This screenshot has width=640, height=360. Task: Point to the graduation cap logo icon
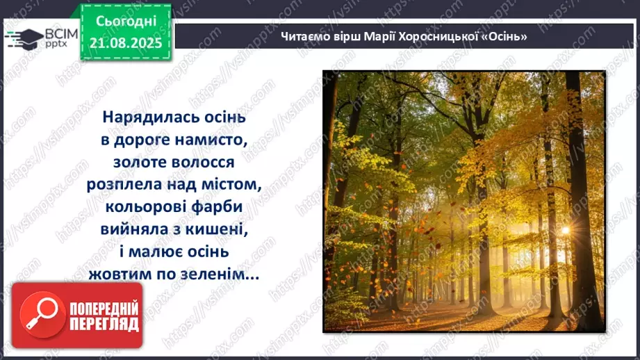[x=23, y=38]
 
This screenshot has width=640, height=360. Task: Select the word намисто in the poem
[x=213, y=139]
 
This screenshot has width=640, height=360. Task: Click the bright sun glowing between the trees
[x=564, y=230]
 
